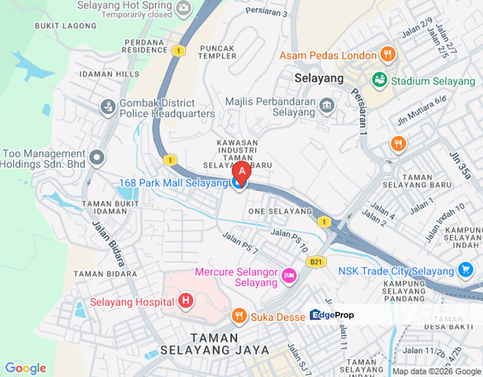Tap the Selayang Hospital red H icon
point(185,301)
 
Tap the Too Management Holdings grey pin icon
point(97,157)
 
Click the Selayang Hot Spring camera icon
point(183,8)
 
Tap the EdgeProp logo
point(332,315)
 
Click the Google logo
point(25,369)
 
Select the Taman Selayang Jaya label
point(215,344)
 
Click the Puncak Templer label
point(218,51)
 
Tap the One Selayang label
point(280,211)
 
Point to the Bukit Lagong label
point(65,26)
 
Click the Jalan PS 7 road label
point(240,243)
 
